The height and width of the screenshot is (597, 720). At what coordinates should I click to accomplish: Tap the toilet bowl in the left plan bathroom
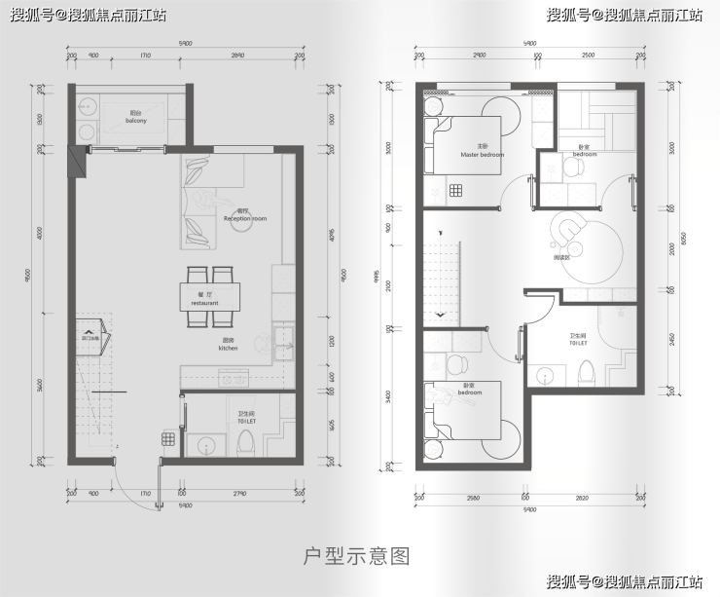[246, 440]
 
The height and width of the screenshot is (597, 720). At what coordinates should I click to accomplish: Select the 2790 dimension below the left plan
[239, 494]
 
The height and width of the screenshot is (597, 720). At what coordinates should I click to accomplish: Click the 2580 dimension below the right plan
[474, 497]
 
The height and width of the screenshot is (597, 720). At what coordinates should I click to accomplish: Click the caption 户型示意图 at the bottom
[358, 556]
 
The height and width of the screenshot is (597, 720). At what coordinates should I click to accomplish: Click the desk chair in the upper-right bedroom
[574, 168]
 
